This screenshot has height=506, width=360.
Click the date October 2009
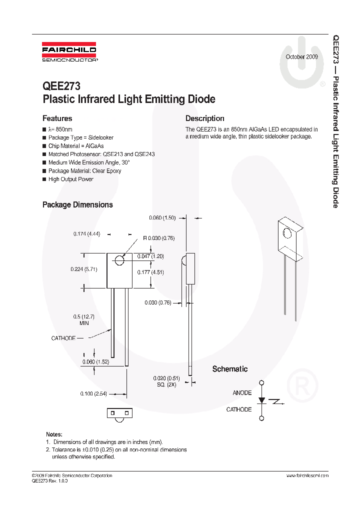301,57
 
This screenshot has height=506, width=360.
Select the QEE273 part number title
61,86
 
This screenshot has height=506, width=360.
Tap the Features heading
57,118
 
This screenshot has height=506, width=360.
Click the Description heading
204,118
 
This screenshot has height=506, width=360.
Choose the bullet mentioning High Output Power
70,179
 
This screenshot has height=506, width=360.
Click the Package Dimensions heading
77,204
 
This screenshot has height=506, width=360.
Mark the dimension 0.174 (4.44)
87,233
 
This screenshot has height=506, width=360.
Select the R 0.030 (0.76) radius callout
158,238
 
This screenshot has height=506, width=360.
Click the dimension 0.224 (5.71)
84,269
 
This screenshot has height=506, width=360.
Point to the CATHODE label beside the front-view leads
63,338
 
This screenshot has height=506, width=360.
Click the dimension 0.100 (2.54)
93,394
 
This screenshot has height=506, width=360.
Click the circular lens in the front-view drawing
119,260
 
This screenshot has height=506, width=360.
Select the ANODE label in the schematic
242,393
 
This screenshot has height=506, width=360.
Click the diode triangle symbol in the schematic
261,401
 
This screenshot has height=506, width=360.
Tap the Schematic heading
230,369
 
